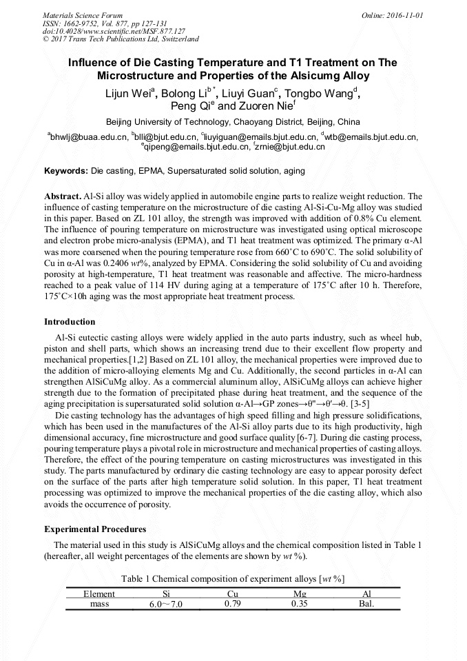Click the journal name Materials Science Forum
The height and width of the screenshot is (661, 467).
[83, 14]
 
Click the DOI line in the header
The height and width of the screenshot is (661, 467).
[114, 31]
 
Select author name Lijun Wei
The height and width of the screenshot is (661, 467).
[132, 94]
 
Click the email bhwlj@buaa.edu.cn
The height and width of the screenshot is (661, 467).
[87, 137]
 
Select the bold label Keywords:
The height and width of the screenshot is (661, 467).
[65, 170]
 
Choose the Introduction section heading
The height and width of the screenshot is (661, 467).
[70, 322]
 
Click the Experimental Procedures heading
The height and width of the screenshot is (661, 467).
[95, 529]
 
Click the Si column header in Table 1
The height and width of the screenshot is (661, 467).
[166, 593]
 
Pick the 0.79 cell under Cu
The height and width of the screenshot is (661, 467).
[233, 604]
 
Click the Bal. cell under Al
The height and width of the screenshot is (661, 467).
[366, 604]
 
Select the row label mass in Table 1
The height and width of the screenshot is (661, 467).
[100, 604]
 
